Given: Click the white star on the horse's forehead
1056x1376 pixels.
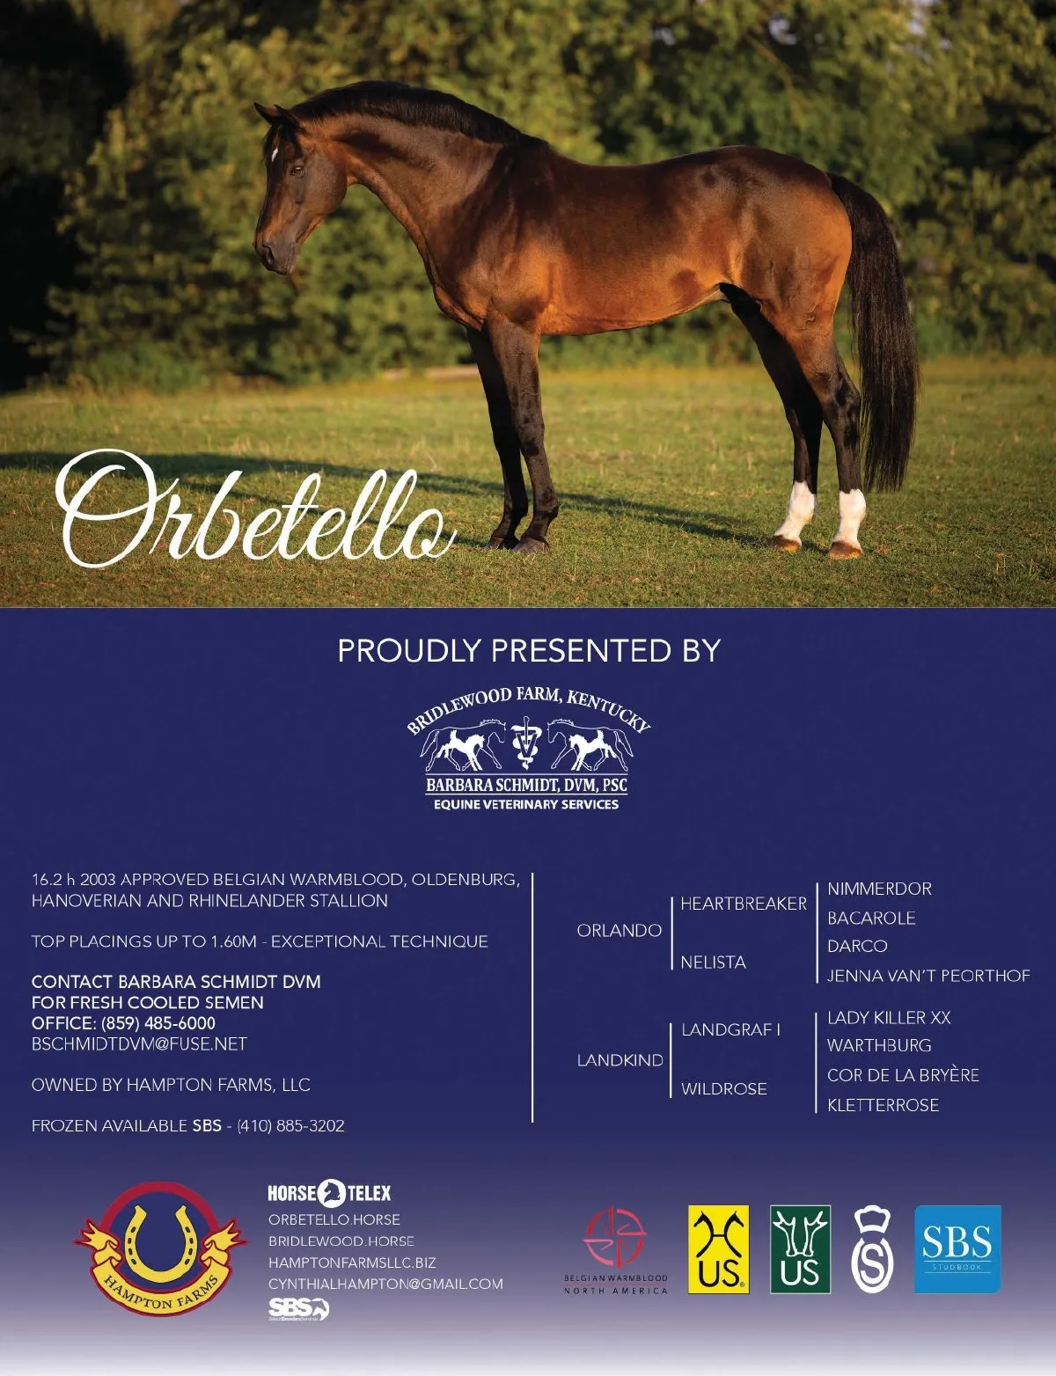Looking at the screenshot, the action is pos(275,154).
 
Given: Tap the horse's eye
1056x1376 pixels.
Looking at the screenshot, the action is pos(296,171).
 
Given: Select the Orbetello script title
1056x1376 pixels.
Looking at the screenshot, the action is pos(254,509).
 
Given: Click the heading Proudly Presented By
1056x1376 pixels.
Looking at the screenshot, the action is pos(529,651).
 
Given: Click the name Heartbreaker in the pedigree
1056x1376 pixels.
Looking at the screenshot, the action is pos(744,904).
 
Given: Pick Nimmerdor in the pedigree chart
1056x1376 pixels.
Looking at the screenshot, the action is pos(879,889).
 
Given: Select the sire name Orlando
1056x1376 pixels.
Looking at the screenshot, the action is pos(620,930).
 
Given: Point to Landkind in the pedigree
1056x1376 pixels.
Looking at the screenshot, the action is pos(620,1060).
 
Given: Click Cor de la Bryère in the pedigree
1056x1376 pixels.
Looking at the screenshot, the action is pos(903,1074).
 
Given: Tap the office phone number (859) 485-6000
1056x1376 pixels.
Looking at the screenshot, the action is pos(158,1023).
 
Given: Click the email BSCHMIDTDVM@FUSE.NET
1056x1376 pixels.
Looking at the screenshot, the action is pos(139,1044).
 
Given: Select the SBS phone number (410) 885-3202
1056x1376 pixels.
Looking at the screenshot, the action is pos(290,1126).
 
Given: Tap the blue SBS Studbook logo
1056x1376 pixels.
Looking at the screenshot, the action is pos(957,1249).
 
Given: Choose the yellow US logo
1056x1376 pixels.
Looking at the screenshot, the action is pos(719,1249).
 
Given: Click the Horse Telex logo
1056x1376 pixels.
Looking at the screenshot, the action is pos(329,1193).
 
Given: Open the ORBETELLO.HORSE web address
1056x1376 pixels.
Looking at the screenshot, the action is pos(334,1219).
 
